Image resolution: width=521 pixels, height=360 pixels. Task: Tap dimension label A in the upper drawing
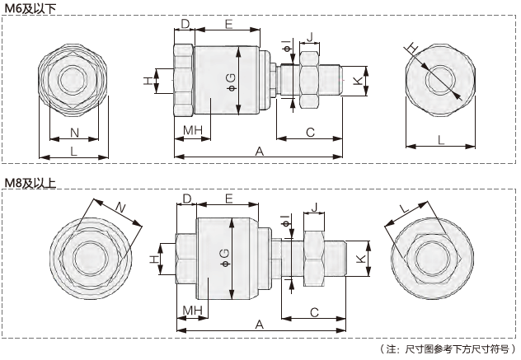[x=259, y=151]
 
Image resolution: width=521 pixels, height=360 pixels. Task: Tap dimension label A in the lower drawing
[x=259, y=325]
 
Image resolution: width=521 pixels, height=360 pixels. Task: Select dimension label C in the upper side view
[x=310, y=132]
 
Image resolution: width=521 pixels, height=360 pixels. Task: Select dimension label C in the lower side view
[x=314, y=311]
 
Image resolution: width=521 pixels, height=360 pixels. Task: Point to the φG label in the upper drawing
[x=231, y=81]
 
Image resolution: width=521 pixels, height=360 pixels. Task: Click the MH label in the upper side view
[x=193, y=131]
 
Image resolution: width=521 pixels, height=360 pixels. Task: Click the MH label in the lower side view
[x=194, y=309]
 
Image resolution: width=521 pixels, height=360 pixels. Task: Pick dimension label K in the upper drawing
[x=357, y=81]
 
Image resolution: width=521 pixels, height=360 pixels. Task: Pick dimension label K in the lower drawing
[x=360, y=258]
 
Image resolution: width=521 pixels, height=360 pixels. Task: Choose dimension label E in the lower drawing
[x=228, y=199]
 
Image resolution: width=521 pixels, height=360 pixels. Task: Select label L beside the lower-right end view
[x=403, y=208]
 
